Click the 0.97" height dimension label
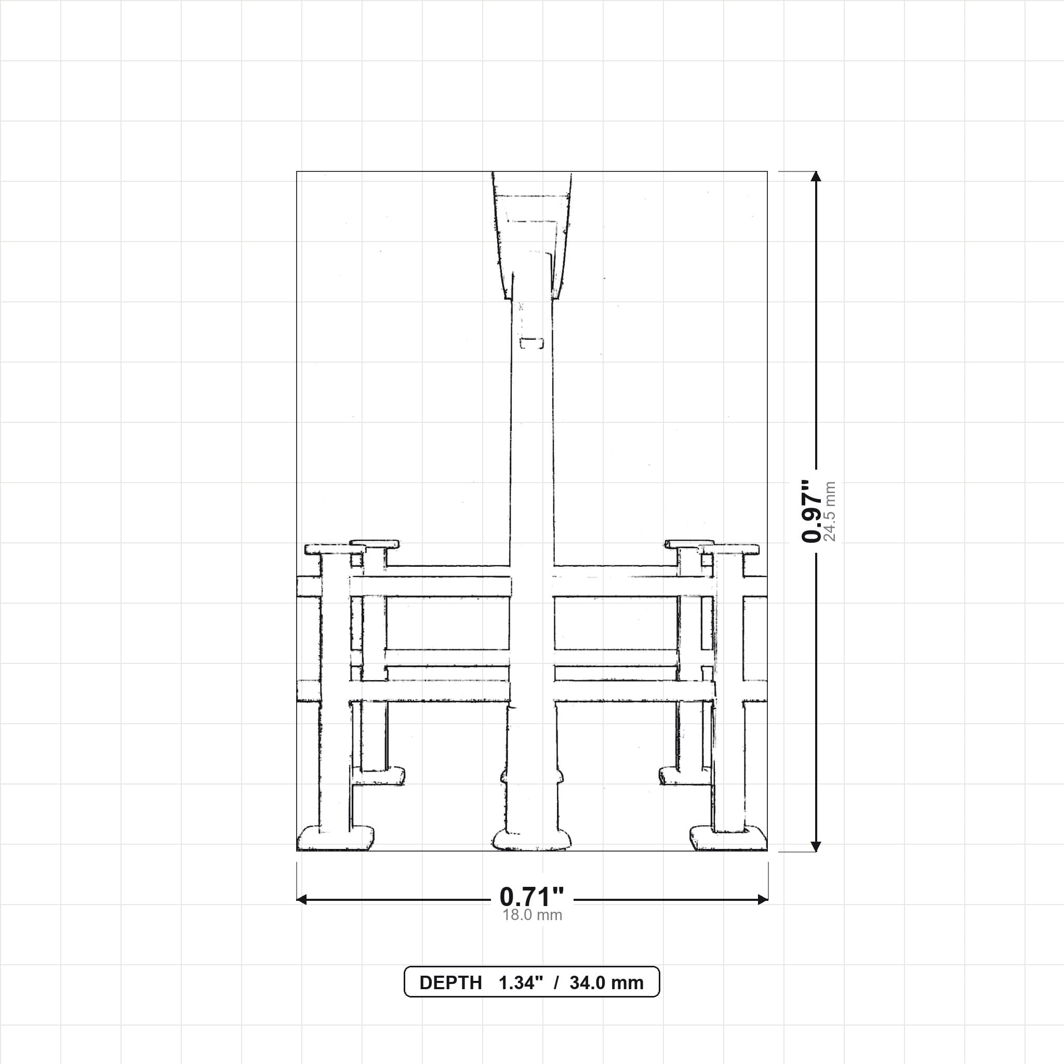click(x=812, y=511)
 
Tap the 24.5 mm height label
click(x=830, y=512)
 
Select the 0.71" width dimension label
click(x=532, y=897)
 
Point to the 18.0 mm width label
click(x=532, y=915)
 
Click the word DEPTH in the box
click(x=450, y=983)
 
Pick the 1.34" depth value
click(x=521, y=983)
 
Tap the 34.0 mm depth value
click(x=606, y=983)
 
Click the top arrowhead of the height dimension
click(x=816, y=176)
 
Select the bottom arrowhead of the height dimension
click(x=816, y=846)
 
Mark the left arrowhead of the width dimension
click(x=302, y=900)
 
